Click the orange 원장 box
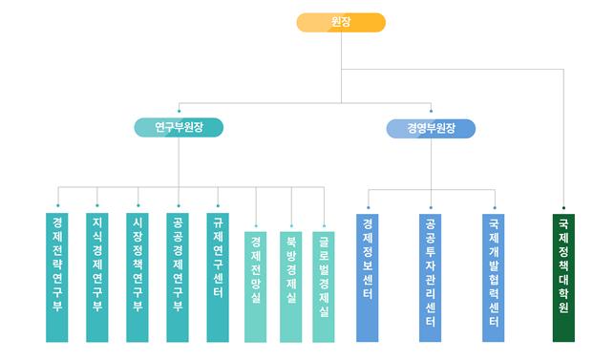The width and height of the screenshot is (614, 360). click(x=341, y=22)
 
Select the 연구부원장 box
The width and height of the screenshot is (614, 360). click(x=179, y=127)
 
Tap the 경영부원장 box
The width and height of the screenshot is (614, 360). click(x=431, y=129)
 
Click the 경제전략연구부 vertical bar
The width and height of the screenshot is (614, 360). click(x=57, y=277)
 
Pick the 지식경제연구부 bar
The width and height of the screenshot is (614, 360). click(x=97, y=277)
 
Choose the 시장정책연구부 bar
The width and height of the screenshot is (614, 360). click(x=138, y=277)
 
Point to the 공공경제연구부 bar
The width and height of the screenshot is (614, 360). click(x=178, y=277)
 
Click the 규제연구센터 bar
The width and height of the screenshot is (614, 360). click(x=218, y=277)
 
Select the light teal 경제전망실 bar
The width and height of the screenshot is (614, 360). click(x=256, y=286)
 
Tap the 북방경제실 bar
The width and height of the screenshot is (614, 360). click(x=291, y=286)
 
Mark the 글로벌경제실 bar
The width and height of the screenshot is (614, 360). click(x=324, y=286)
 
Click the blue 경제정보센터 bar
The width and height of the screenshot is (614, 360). click(x=368, y=278)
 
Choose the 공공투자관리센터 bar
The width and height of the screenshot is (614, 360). click(x=431, y=278)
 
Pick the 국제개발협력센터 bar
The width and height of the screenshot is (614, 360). click(x=494, y=278)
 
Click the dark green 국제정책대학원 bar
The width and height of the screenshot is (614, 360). click(x=564, y=278)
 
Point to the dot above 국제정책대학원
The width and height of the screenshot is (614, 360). click(x=564, y=207)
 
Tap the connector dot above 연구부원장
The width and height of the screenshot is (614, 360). click(x=179, y=111)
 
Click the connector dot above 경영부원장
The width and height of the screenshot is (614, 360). click(x=431, y=111)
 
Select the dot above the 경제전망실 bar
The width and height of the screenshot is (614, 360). click(x=256, y=226)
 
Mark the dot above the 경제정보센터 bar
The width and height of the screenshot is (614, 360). click(x=368, y=207)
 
